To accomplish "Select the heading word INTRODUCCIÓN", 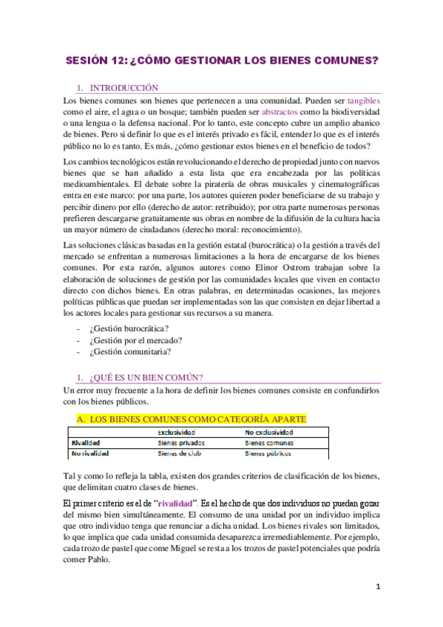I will pos(124,87).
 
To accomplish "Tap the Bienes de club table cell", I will pos(181,453).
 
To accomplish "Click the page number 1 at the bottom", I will pos(377,587).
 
